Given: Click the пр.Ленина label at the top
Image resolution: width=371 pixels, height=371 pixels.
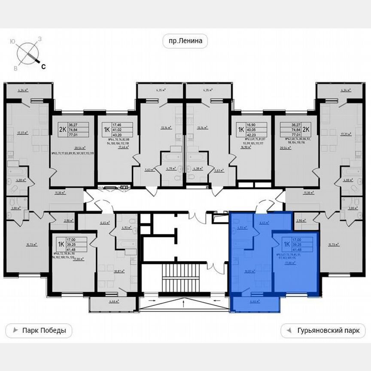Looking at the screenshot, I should pyautogui.click(x=185, y=42).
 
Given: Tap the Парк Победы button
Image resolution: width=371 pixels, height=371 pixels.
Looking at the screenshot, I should pyautogui.click(x=39, y=331).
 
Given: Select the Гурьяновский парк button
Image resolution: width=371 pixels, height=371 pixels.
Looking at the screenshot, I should pyautogui.click(x=323, y=331).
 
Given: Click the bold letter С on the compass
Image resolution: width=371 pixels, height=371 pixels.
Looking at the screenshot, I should pyautogui.click(x=43, y=66).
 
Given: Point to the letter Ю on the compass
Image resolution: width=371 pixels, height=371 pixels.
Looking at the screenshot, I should pyautogui.click(x=13, y=41).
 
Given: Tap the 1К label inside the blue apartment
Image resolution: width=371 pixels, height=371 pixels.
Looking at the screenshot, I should pyautogui.click(x=286, y=245).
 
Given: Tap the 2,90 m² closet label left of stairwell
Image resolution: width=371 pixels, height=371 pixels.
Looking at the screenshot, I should pyautogui.click(x=69, y=221).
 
